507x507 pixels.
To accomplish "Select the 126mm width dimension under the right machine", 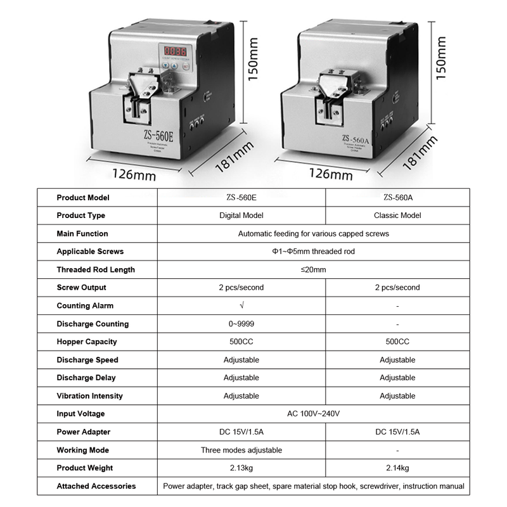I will [330, 172].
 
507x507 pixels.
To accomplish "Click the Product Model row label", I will [83, 198].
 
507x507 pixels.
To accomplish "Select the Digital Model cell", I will [241, 215].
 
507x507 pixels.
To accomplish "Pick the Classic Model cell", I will [397, 215].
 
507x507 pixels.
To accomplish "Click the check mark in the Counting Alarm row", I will [241, 305].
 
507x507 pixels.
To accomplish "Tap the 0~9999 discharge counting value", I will [241, 324].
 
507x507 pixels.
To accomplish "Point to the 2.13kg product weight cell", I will [241, 468].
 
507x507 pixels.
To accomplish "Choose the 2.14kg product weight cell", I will [397, 468].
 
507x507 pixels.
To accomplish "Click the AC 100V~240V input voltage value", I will [313, 414].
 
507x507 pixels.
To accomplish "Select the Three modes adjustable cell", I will [241, 450].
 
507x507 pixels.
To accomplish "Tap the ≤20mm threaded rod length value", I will [313, 269].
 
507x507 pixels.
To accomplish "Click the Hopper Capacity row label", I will [87, 342].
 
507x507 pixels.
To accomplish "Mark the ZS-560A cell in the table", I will [397, 198].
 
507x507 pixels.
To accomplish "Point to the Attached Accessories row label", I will [96, 486].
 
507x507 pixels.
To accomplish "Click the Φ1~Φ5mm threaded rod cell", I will [313, 252].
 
